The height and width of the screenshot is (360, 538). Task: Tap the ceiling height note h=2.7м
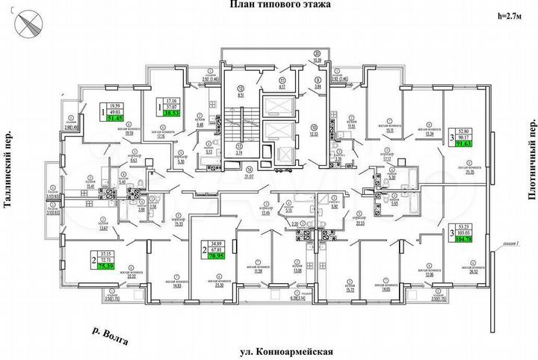[510, 15]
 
